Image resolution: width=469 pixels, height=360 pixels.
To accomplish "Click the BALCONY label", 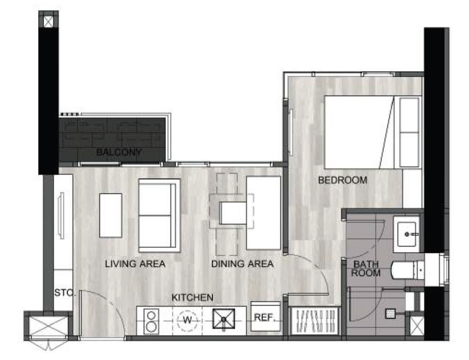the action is [x=119, y=152].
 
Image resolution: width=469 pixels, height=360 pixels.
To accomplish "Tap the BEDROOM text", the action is [x=343, y=180].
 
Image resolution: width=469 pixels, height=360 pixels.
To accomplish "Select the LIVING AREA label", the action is [x=135, y=264].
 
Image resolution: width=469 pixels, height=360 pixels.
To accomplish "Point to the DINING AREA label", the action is [x=242, y=264].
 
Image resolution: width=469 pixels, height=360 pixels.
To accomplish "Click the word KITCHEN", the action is [x=193, y=297].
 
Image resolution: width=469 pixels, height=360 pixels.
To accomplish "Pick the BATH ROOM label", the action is [x=365, y=269].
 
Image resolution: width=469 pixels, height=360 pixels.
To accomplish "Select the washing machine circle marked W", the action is [x=187, y=320].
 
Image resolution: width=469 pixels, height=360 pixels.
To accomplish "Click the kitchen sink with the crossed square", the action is [x=224, y=319].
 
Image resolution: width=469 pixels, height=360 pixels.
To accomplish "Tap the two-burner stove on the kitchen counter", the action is [x=151, y=321].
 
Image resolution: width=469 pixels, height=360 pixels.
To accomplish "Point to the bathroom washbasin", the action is [x=406, y=234].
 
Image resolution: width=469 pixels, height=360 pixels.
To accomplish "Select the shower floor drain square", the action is [x=390, y=313].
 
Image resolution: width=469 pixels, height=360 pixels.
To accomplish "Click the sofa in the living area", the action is [x=159, y=216].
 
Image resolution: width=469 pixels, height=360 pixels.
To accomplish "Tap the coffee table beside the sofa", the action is [x=111, y=215].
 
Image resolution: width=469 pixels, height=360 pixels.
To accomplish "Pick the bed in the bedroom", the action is [x=372, y=132].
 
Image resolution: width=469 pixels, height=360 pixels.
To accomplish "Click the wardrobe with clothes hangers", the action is [x=315, y=321].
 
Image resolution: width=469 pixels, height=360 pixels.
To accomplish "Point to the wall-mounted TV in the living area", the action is [x=61, y=216].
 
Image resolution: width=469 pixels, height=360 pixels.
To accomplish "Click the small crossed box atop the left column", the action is [x=48, y=21].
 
